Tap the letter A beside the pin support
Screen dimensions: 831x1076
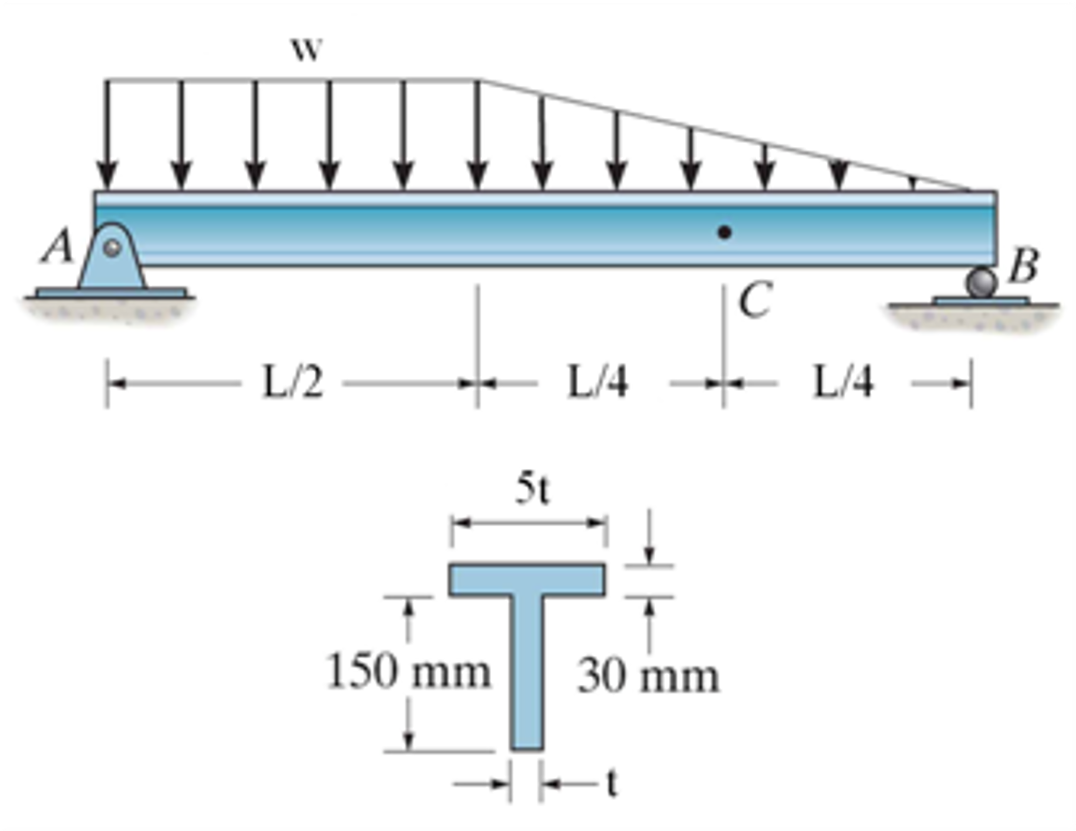[x=57, y=246]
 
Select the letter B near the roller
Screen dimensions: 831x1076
[x=1023, y=266]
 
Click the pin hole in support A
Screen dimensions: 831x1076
[x=111, y=248]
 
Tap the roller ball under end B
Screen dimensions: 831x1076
[x=981, y=283]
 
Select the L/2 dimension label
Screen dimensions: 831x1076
[x=292, y=382]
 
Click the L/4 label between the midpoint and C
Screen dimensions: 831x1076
[x=598, y=382]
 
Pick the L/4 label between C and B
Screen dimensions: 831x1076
[x=844, y=382]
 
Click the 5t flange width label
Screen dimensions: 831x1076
[x=532, y=489]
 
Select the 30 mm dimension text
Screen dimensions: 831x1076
[x=648, y=676]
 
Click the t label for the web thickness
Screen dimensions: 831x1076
[x=611, y=784]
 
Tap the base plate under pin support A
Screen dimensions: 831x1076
[x=111, y=292]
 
